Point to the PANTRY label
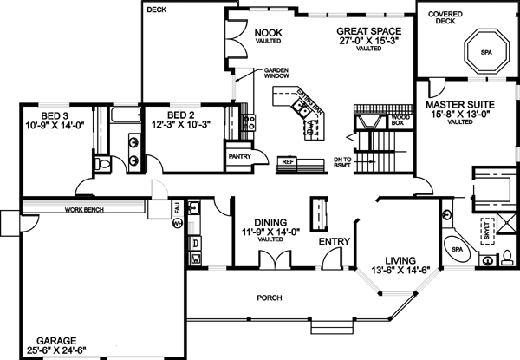click(238, 157)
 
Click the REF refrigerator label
click(286, 161)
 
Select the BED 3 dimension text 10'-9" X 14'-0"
click(55, 124)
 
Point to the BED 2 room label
click(179, 114)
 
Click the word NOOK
click(264, 32)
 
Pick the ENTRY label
click(334, 241)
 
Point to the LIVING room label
click(400, 260)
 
